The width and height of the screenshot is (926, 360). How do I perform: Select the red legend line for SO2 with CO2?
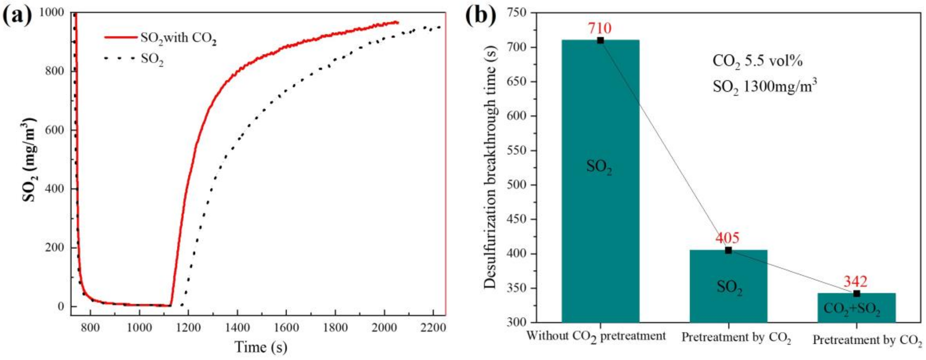pos(120,37)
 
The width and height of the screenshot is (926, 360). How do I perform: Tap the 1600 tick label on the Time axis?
pos(286,328)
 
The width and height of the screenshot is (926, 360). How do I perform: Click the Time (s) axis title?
pos(261,347)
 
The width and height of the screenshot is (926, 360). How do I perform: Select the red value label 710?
pos(599,28)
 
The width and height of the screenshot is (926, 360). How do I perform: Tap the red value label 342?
pos(856,281)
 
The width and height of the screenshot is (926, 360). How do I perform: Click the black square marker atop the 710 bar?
pos(600,40)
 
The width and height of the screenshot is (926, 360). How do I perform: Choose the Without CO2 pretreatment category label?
pos(596,337)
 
